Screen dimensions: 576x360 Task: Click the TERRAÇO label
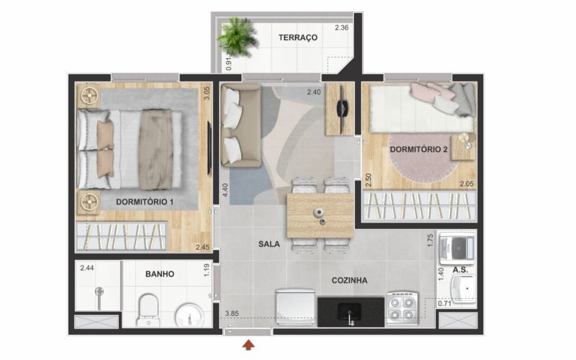(x=297, y=37)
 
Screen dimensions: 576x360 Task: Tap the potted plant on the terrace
(x=237, y=37)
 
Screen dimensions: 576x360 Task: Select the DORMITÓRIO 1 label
(x=145, y=202)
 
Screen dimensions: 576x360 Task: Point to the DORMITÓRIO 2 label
(x=418, y=150)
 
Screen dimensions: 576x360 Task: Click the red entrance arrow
(x=248, y=345)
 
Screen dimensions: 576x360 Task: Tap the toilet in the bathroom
(x=148, y=310)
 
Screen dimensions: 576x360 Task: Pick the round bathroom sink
(x=189, y=315)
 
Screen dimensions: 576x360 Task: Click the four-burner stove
(x=402, y=309)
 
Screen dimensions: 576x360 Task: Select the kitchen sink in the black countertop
(x=349, y=312)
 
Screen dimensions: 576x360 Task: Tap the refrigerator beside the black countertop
(x=295, y=308)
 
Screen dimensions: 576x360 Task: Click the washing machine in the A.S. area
(x=456, y=249)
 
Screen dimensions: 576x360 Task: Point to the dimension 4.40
(x=225, y=189)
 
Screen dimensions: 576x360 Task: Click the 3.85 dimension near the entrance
(x=232, y=314)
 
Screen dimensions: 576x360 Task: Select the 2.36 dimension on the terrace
(x=341, y=27)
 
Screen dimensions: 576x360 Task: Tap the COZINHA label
(x=349, y=281)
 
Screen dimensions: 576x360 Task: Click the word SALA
(x=269, y=244)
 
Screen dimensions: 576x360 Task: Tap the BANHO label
(x=159, y=274)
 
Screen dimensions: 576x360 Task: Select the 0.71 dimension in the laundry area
(x=444, y=303)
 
